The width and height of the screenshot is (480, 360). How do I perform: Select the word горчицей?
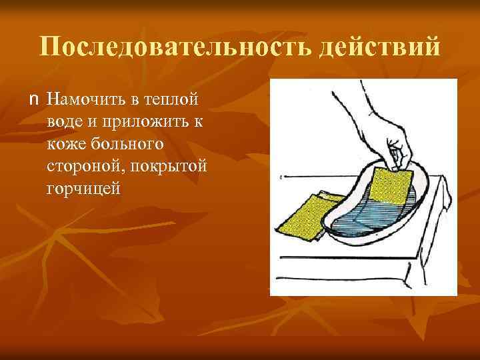point(83,190)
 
